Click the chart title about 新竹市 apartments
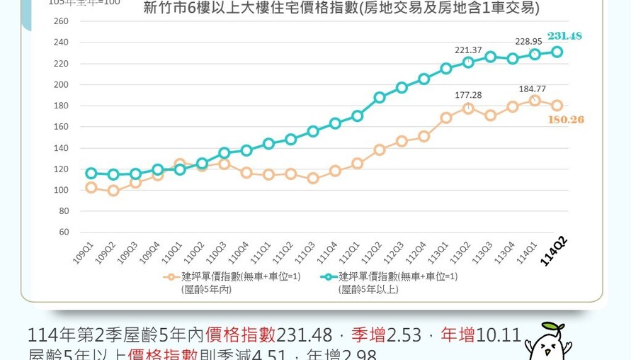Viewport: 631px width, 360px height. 341,9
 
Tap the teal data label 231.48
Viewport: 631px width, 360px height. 564,36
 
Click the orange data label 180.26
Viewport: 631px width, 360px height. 566,120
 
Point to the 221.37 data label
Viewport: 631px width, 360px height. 468,50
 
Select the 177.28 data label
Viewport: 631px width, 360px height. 468,95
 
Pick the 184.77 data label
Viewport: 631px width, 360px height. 533,89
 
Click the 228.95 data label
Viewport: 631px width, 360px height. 529,41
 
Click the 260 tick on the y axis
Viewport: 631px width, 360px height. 61,21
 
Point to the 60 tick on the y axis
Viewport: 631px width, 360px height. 64,232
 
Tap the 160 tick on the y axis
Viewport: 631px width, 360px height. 61,127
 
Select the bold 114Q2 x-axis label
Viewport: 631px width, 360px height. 553,251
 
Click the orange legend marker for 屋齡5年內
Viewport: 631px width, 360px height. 170,277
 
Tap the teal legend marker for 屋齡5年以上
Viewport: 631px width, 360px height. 328,277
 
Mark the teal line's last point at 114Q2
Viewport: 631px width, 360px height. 557,52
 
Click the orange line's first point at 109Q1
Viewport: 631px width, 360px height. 91,188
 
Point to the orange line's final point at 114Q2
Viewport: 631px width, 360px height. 557,106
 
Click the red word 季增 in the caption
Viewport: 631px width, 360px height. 368,335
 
